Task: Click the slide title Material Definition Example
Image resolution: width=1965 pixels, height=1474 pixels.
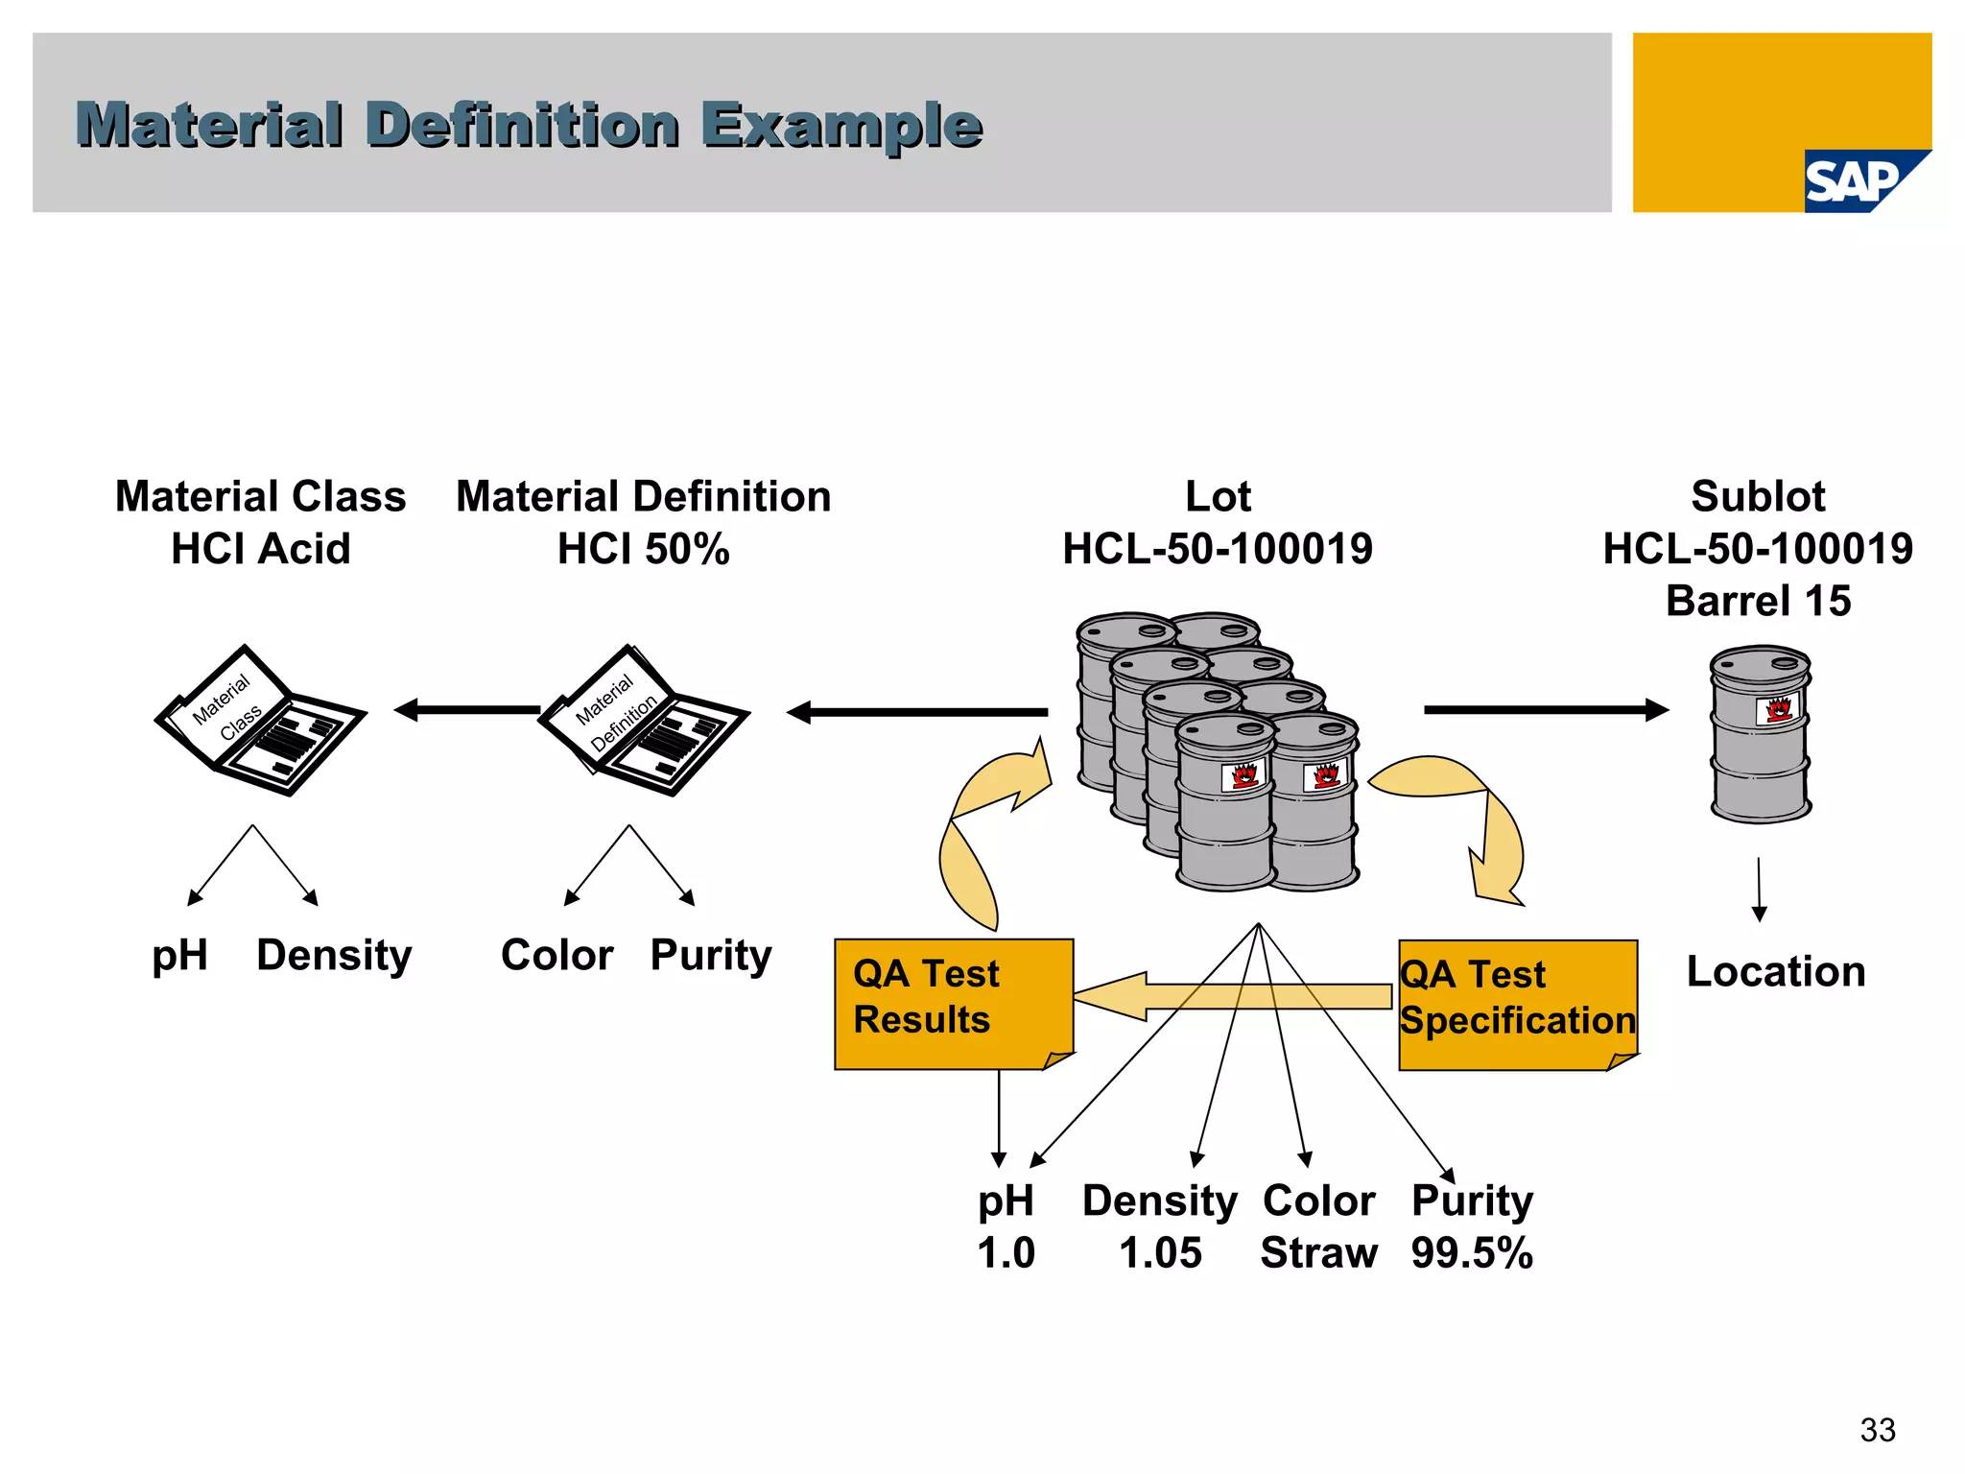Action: coord(529,125)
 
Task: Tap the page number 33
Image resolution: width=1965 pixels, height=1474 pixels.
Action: coord(1877,1430)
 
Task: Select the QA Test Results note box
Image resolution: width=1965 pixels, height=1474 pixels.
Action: coord(953,1003)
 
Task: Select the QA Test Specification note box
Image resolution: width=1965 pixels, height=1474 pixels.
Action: coord(1517,1003)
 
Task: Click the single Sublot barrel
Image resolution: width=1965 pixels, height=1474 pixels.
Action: coord(1760,734)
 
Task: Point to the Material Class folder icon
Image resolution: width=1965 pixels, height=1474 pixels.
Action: coord(260,720)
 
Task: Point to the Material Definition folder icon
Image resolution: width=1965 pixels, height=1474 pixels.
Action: coord(643,720)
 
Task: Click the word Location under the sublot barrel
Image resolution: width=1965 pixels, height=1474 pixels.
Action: coord(1776,971)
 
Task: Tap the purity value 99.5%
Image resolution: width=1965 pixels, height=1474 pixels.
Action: coord(1472,1252)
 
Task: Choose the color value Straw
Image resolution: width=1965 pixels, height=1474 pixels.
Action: coord(1318,1252)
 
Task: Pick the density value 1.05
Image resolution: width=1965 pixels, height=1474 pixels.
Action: coord(1160,1252)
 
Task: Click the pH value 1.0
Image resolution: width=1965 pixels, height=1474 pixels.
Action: coord(1006,1252)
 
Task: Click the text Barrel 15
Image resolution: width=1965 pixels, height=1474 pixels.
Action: coord(1758,601)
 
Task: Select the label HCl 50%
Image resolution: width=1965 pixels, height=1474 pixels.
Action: coord(643,549)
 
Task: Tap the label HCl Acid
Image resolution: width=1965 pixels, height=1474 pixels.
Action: coord(260,549)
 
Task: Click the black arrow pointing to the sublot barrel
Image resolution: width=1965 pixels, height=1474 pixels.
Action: coord(1545,710)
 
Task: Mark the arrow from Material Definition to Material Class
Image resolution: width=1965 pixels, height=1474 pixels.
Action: coord(467,710)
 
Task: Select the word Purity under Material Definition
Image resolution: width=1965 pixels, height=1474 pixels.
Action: coord(710,955)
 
